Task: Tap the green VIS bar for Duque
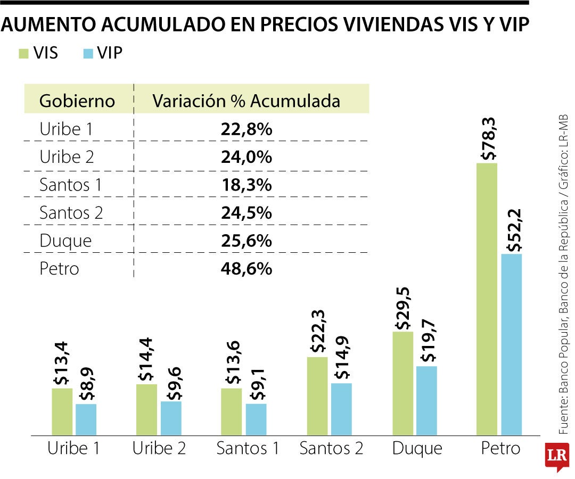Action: tap(402, 383)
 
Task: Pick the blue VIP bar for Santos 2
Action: tap(341, 409)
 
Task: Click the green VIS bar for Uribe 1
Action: tap(62, 411)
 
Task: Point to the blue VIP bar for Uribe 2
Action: tap(171, 418)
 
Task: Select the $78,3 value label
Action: tap(488, 139)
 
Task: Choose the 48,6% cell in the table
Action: tap(246, 268)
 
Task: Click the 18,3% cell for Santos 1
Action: tap(246, 185)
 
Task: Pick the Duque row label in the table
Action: tap(65, 241)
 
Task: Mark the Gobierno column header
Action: tap(77, 101)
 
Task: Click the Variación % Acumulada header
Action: tap(246, 101)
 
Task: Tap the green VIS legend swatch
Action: tap(24, 53)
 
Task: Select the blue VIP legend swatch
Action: tap(88, 53)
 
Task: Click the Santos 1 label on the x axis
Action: tap(248, 449)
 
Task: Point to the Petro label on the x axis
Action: tap(500, 449)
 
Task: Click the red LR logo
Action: tap(557, 456)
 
